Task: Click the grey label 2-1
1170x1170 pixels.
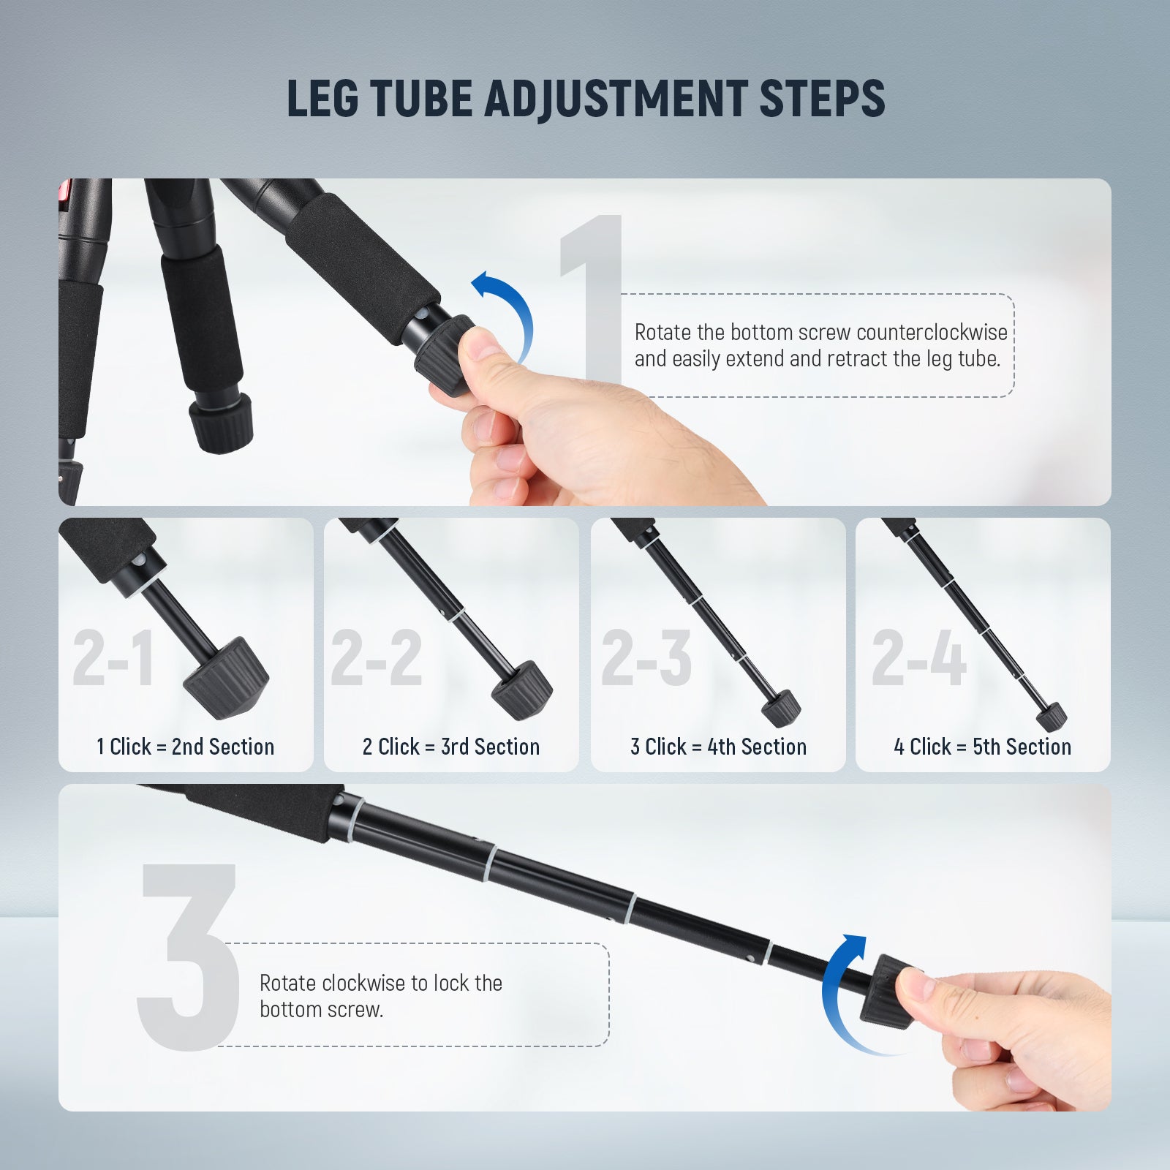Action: (113, 658)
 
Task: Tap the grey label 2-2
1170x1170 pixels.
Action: (377, 658)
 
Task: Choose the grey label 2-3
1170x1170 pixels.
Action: (646, 658)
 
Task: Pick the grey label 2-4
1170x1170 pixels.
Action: (919, 658)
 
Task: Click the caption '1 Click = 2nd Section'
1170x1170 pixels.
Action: (186, 747)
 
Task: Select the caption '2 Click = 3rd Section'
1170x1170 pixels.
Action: (451, 747)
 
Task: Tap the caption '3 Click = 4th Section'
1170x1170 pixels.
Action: (718, 747)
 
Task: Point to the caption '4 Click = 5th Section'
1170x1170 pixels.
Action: (982, 747)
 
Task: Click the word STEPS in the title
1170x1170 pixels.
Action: (822, 98)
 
